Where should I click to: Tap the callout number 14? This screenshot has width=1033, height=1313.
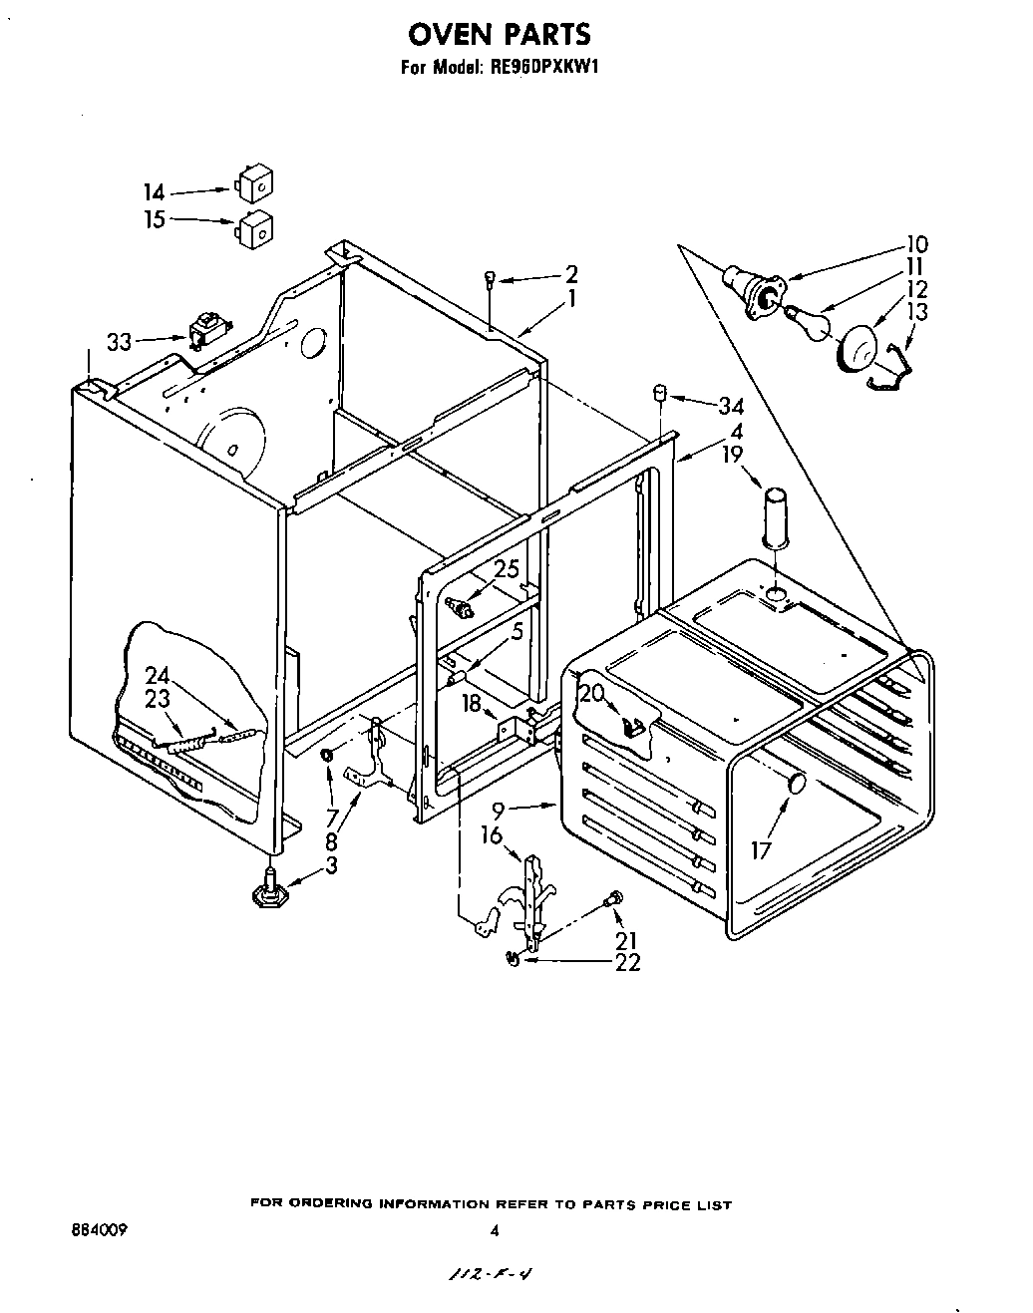tap(154, 192)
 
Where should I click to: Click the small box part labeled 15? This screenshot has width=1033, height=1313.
tap(255, 228)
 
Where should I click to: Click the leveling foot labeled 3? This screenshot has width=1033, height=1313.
tap(268, 889)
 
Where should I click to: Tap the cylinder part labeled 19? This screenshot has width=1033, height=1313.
tap(776, 515)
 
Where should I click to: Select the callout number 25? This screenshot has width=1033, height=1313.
tap(507, 570)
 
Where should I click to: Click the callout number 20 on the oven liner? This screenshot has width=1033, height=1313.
tap(592, 693)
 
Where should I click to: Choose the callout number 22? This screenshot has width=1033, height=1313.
tap(628, 962)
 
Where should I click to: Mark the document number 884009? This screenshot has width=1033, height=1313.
tap(93, 1232)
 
